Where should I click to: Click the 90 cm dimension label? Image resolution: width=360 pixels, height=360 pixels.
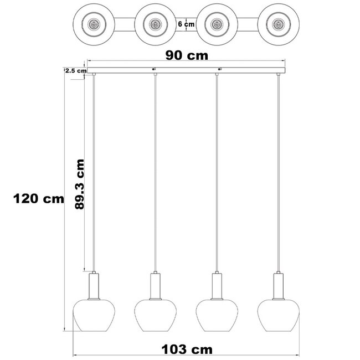coord(187,55)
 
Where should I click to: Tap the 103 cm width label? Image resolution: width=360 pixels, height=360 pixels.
coord(187,349)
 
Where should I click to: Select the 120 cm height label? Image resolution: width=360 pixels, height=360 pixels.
coord(39,199)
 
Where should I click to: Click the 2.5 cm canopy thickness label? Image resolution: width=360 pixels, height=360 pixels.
coord(76,71)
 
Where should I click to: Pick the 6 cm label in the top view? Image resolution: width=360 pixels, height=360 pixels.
coord(186,24)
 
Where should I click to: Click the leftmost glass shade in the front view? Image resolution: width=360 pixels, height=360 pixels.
coord(93,313)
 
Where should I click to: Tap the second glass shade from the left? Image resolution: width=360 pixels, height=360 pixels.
coord(155,313)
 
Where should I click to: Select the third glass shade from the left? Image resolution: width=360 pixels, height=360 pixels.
coord(217,313)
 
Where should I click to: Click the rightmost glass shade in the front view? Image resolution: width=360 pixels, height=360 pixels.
coord(279,313)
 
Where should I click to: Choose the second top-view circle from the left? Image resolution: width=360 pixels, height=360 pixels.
coord(155,24)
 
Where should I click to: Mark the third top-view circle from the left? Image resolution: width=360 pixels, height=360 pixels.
coord(217,24)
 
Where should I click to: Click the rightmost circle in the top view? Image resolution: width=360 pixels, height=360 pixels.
coord(279,24)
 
